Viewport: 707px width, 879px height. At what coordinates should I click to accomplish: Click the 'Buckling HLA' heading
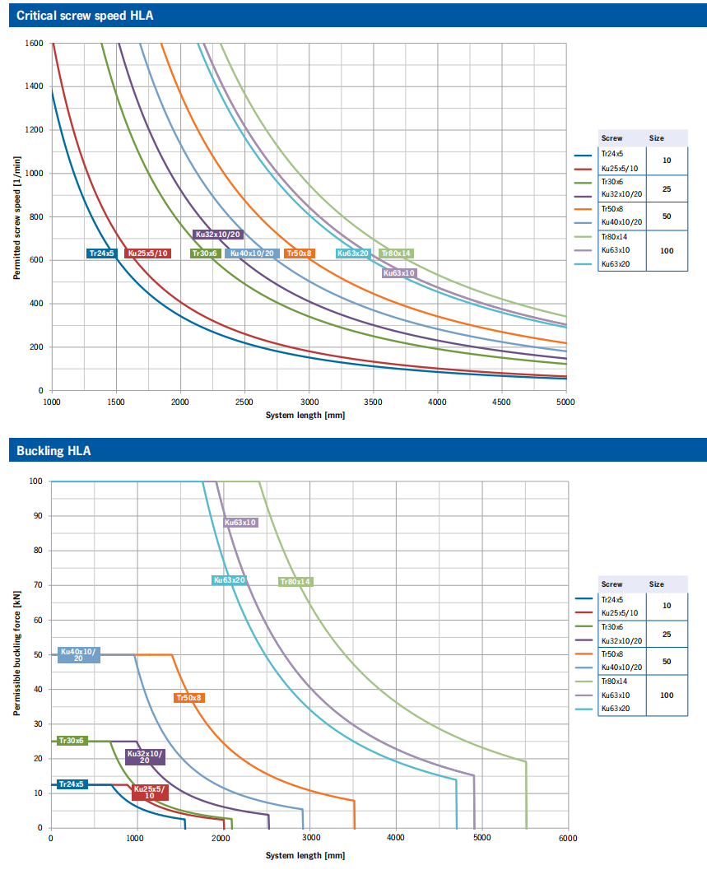[x=53, y=450]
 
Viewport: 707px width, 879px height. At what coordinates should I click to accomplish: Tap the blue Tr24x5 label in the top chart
[x=102, y=253]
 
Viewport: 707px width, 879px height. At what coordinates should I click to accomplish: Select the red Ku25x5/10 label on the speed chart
[x=148, y=253]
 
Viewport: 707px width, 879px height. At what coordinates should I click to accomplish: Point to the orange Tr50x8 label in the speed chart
[x=299, y=253]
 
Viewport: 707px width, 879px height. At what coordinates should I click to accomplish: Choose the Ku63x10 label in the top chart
[x=399, y=272]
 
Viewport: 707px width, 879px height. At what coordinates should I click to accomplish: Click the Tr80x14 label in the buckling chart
[x=295, y=582]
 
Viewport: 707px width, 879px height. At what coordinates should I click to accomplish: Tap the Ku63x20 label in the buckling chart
[x=230, y=580]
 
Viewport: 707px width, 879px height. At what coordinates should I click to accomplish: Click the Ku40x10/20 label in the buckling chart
[x=79, y=655]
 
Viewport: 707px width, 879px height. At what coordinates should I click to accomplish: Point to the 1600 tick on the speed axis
[x=35, y=43]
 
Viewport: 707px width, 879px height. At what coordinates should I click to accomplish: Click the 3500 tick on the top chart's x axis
[x=373, y=402]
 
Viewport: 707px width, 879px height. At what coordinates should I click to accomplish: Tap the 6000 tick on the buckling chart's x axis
[x=567, y=839]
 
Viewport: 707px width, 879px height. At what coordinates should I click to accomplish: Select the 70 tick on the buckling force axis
[x=36, y=585]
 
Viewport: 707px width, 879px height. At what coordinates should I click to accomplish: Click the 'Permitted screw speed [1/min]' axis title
[x=16, y=216]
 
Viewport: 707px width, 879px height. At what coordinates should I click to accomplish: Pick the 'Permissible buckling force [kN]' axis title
[x=16, y=653]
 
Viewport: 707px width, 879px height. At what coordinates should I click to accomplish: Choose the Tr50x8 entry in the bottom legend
[x=612, y=653]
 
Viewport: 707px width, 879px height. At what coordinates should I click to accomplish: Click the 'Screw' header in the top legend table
[x=612, y=138]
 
